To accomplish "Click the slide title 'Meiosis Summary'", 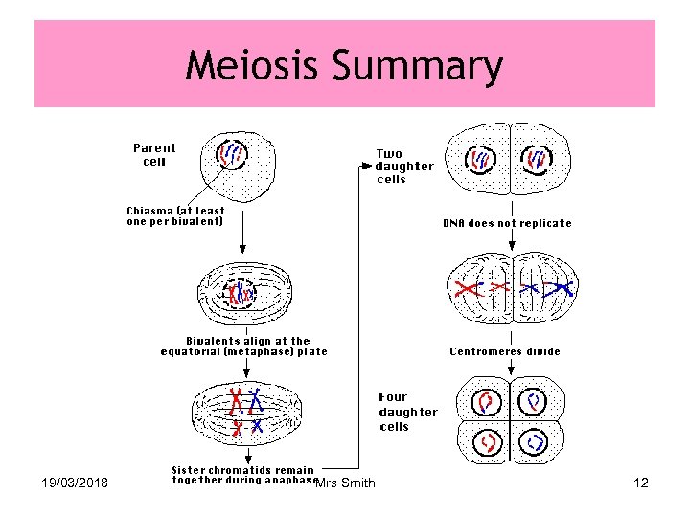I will [x=344, y=66].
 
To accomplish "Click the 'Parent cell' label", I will [x=154, y=154].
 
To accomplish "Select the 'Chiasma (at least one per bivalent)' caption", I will [x=176, y=216].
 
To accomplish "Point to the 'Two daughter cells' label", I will [x=403, y=166].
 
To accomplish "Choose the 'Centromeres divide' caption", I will [x=505, y=351].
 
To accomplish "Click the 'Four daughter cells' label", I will [x=408, y=412].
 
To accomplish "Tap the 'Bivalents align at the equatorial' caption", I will [x=244, y=346].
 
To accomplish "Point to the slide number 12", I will [x=641, y=483].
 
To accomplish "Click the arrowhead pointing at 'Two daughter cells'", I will [x=365, y=166].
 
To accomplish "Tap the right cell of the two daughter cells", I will [x=540, y=159].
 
